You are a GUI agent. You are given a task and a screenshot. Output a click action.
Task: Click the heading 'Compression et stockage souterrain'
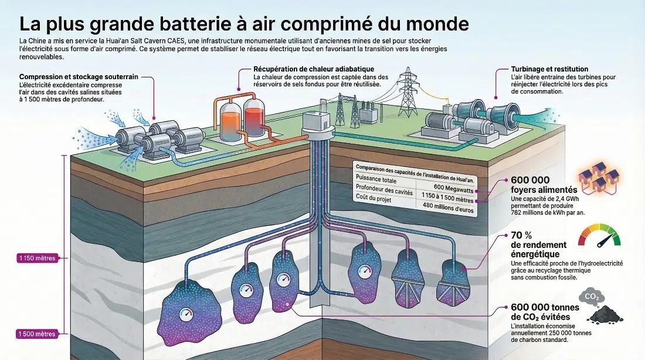point(77,77)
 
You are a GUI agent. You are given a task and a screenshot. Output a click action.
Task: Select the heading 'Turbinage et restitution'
point(541,69)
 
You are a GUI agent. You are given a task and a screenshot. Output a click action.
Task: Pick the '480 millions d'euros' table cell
point(446,205)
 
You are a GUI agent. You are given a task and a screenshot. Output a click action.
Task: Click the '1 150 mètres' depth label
point(38,257)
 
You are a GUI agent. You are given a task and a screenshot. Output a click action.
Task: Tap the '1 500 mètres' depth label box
point(38,334)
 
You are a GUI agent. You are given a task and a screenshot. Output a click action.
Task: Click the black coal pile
point(603,315)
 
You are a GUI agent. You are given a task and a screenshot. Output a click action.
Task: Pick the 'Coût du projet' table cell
point(375,200)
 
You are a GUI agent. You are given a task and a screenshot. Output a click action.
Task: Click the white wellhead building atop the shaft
point(317,121)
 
